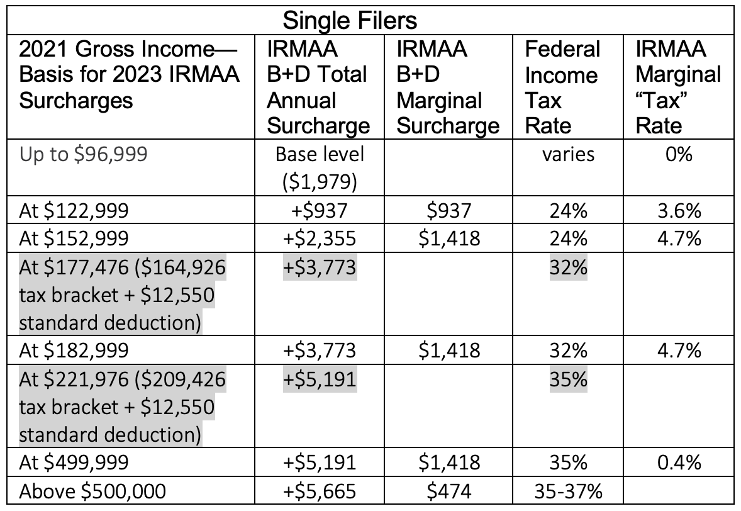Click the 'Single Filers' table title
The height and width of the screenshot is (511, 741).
pos(350,20)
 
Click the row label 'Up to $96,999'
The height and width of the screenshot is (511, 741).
pos(84,154)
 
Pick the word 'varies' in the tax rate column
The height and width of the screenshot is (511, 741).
pos(568,154)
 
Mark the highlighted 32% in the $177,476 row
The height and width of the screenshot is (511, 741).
pos(568,267)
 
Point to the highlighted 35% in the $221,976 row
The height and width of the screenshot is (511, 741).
pos(568,379)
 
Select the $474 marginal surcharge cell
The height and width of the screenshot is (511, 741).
pos(447,490)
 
